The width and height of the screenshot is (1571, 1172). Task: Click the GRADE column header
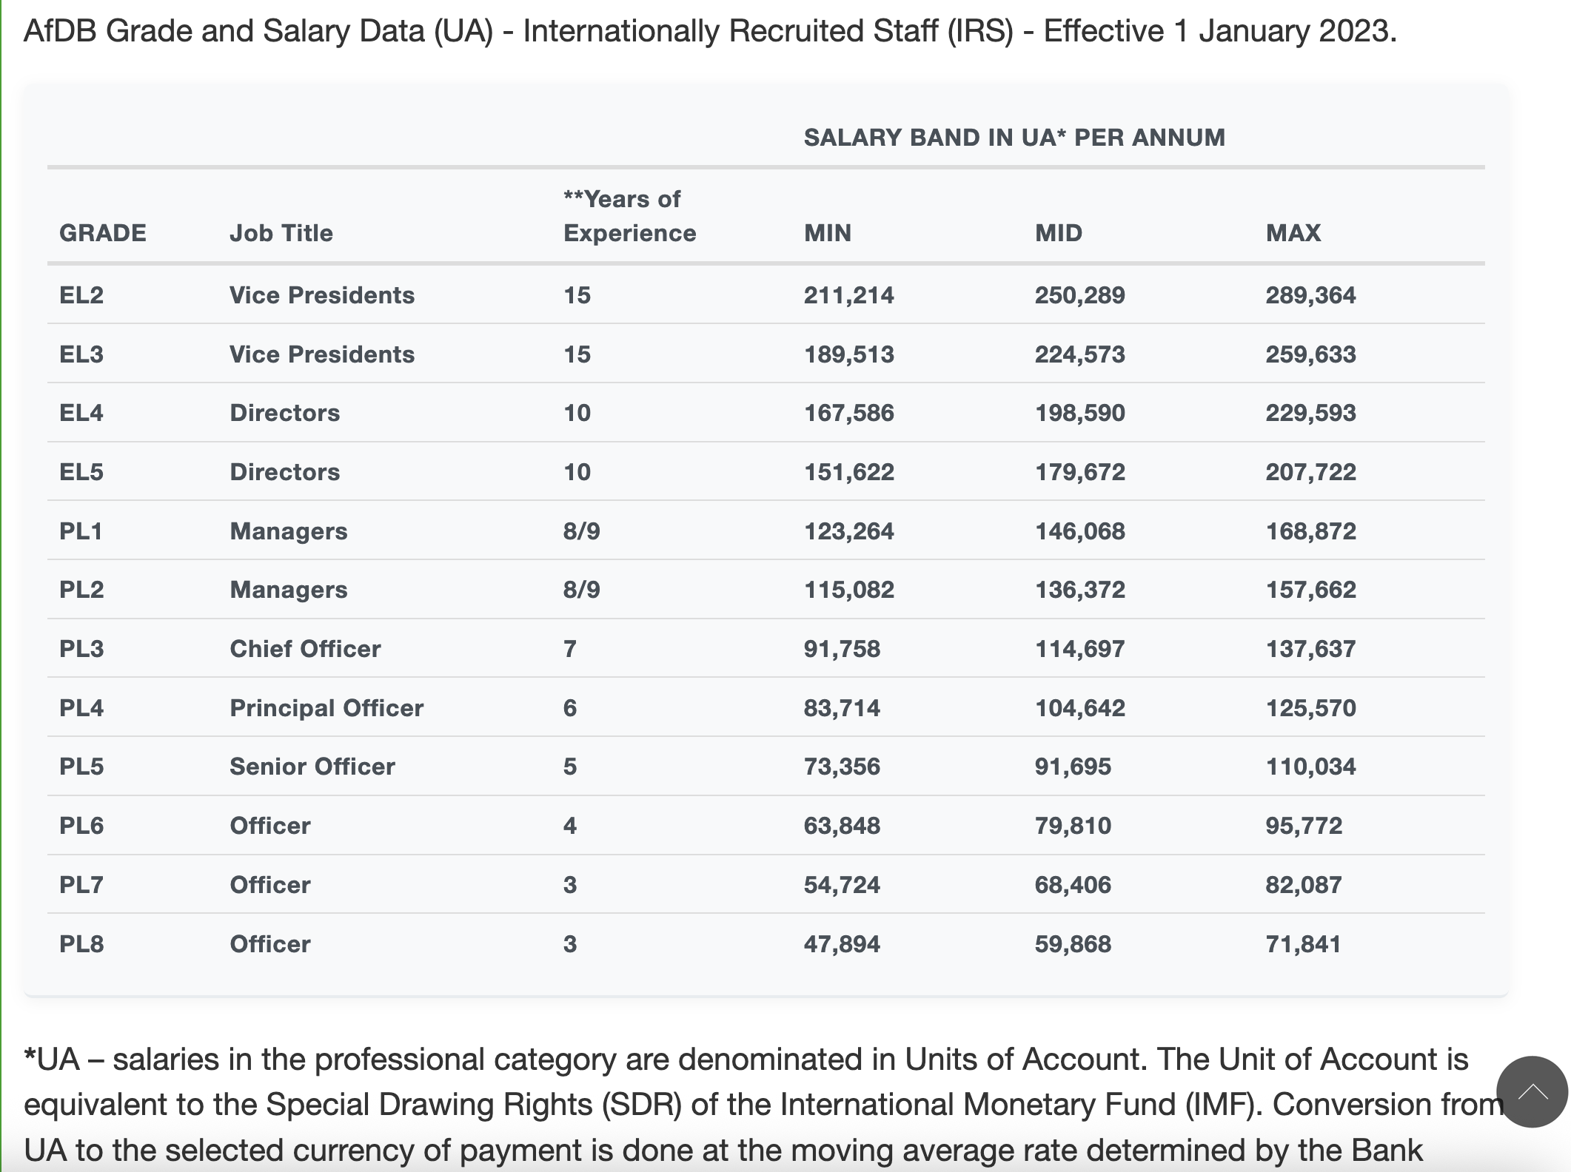[x=102, y=233]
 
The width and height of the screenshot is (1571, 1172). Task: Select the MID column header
[x=1058, y=233]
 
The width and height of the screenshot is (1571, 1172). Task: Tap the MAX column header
[x=1293, y=233]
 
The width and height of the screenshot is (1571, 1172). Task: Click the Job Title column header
[x=281, y=233]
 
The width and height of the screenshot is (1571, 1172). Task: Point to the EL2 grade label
[x=81, y=295]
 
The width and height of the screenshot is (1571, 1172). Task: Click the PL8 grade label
[x=81, y=944]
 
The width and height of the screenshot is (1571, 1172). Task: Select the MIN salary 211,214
[x=848, y=295]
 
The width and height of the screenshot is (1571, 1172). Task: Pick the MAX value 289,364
[x=1310, y=295]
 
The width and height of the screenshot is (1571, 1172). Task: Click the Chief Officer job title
[x=305, y=649]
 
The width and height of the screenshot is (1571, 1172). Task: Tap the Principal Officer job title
[x=326, y=708]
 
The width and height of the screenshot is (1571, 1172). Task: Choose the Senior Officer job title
[x=312, y=767]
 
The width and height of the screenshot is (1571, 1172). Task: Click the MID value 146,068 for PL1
[x=1079, y=531]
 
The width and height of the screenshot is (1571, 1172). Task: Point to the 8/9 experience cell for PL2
[x=581, y=590]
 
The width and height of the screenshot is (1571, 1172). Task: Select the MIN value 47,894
[x=842, y=944]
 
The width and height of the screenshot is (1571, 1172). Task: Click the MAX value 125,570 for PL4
[x=1310, y=708]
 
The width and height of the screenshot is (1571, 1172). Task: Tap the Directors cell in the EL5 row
[x=284, y=472]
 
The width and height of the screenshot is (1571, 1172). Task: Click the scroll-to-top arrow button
[x=1532, y=1092]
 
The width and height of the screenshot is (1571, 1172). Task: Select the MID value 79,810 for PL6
[x=1073, y=826]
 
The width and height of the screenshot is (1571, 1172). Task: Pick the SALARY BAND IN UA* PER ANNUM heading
[x=1014, y=138]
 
